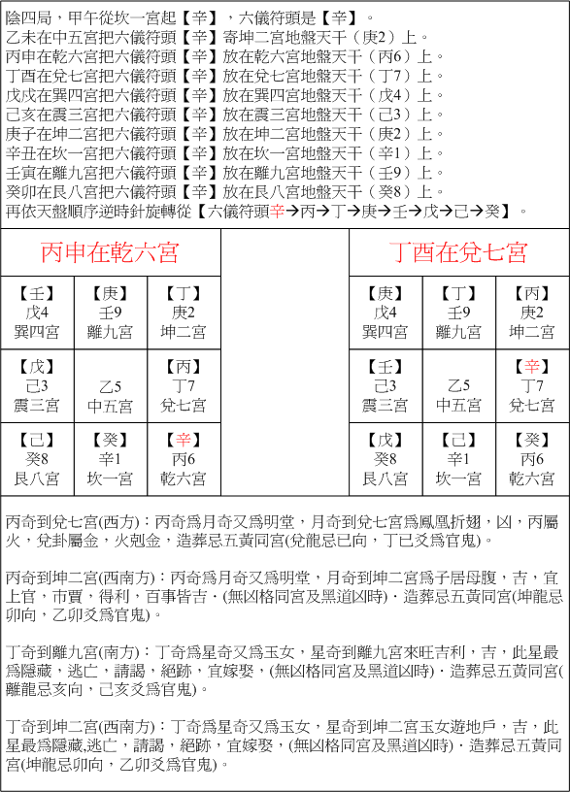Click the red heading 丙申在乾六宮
coord(110,253)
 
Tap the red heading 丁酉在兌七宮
coord(458,253)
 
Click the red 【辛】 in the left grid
coord(184,440)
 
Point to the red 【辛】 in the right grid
coord(532,366)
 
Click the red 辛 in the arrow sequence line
coord(277,211)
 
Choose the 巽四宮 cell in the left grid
coord(38,313)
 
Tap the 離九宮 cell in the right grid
coord(458,313)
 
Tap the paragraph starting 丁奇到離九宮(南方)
coord(282,656)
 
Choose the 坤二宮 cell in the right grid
coord(532,313)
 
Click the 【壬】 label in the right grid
coord(386,366)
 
